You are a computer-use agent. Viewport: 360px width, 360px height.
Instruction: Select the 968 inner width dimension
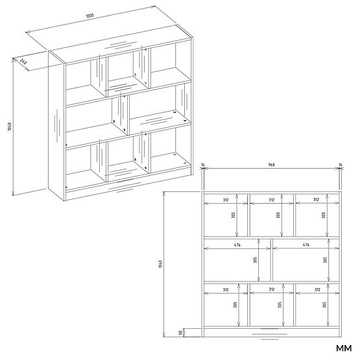(x=271, y=165)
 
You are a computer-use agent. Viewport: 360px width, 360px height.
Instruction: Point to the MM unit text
(x=342, y=348)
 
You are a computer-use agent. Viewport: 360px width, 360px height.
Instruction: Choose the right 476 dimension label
(x=306, y=245)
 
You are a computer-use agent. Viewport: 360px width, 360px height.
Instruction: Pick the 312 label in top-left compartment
(x=225, y=200)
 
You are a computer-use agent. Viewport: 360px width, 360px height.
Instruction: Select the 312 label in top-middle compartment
(x=271, y=200)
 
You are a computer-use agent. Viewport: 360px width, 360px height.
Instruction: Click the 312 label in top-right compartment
(x=317, y=200)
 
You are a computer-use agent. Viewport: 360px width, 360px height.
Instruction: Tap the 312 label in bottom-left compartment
(x=225, y=289)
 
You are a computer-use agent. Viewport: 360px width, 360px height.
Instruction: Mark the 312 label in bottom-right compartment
(x=317, y=289)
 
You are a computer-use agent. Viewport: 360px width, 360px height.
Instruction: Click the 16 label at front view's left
(x=203, y=165)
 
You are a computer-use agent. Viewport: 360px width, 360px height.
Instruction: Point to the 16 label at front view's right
(x=339, y=165)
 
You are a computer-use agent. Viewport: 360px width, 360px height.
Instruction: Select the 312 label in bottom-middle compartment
(x=271, y=289)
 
